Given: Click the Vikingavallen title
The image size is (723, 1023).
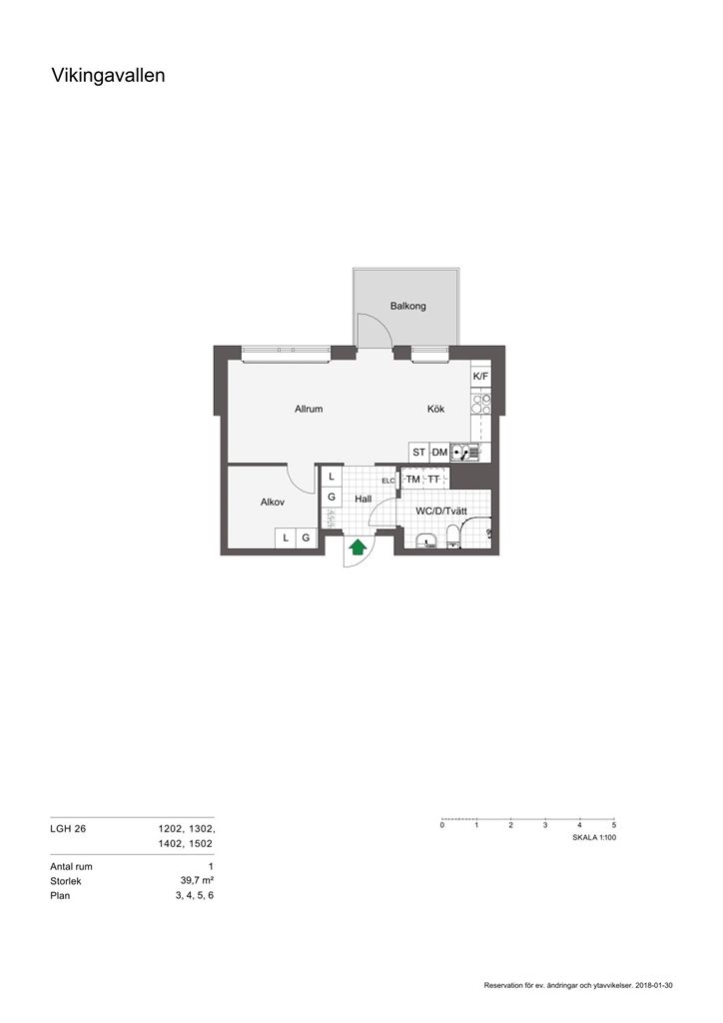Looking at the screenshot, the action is click(108, 76).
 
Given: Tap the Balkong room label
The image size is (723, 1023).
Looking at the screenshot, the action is click(408, 306).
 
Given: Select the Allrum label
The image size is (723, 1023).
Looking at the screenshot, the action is click(309, 409).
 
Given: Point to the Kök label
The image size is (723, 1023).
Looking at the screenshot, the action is click(436, 409).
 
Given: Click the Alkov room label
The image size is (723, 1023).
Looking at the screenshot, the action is click(273, 503).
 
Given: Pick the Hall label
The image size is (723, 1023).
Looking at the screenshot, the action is click(363, 500).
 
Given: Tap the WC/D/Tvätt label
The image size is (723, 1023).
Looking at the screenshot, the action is click(441, 511).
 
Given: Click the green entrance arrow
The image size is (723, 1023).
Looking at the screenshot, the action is click(358, 546).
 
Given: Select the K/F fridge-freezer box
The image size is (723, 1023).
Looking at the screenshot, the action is click(480, 377).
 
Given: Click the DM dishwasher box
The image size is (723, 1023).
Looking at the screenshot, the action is click(440, 453).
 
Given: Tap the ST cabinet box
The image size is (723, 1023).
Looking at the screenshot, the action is click(419, 453).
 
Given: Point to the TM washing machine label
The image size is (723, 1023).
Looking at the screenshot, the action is click(413, 480).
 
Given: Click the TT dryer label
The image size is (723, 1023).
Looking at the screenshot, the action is click(434, 480).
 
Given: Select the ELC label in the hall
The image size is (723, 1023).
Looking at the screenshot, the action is click(388, 481).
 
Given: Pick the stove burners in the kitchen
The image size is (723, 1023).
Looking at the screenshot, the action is click(481, 405).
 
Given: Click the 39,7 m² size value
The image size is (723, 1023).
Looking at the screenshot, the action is click(198, 881).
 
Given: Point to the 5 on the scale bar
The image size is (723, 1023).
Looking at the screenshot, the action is click(614, 825).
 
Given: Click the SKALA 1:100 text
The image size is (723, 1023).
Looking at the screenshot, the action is click(594, 837).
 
